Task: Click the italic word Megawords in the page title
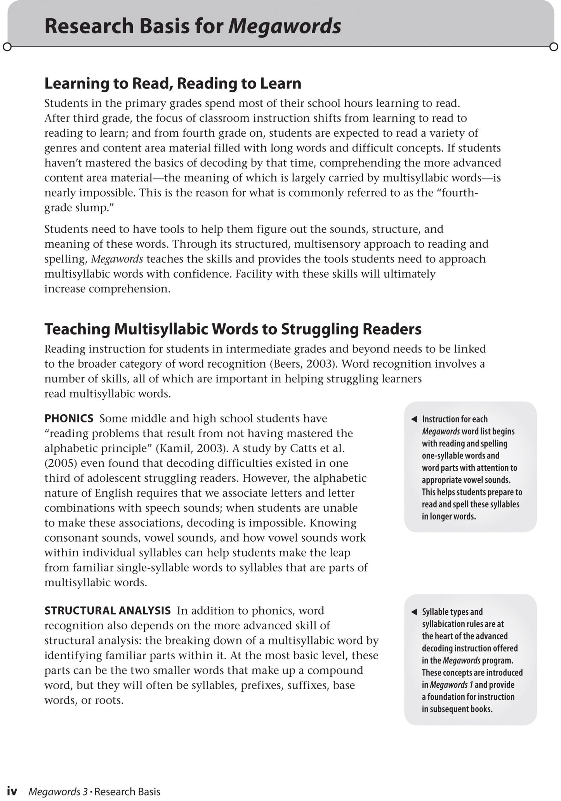coord(285,27)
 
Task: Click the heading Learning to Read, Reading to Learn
coord(173,83)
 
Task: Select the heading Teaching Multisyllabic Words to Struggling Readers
coord(233,329)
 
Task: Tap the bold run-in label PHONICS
coord(69,418)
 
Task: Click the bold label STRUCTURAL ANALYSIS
coord(108,610)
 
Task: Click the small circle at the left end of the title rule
coord(7,47)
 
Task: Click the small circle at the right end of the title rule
coord(554,47)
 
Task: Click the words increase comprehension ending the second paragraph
coord(107,289)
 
